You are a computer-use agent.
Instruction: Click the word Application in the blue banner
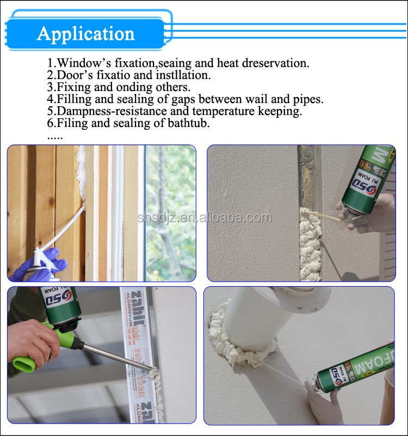click(85, 34)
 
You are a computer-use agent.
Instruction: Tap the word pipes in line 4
click(308, 99)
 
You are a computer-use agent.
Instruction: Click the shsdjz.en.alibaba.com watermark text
click(204, 218)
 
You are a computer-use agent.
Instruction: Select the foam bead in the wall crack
click(310, 240)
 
